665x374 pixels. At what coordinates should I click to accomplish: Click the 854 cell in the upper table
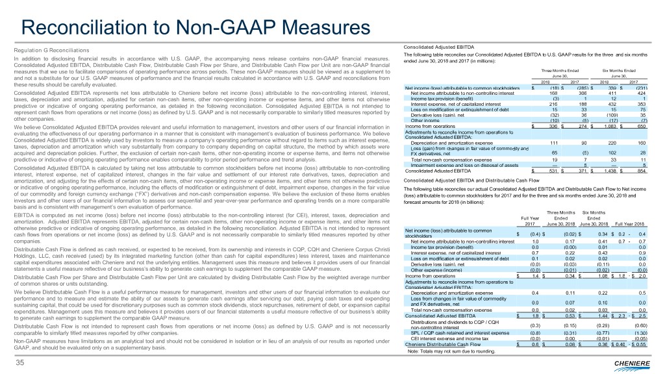[642, 153]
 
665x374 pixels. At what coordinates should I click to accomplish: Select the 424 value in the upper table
[642, 93]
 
